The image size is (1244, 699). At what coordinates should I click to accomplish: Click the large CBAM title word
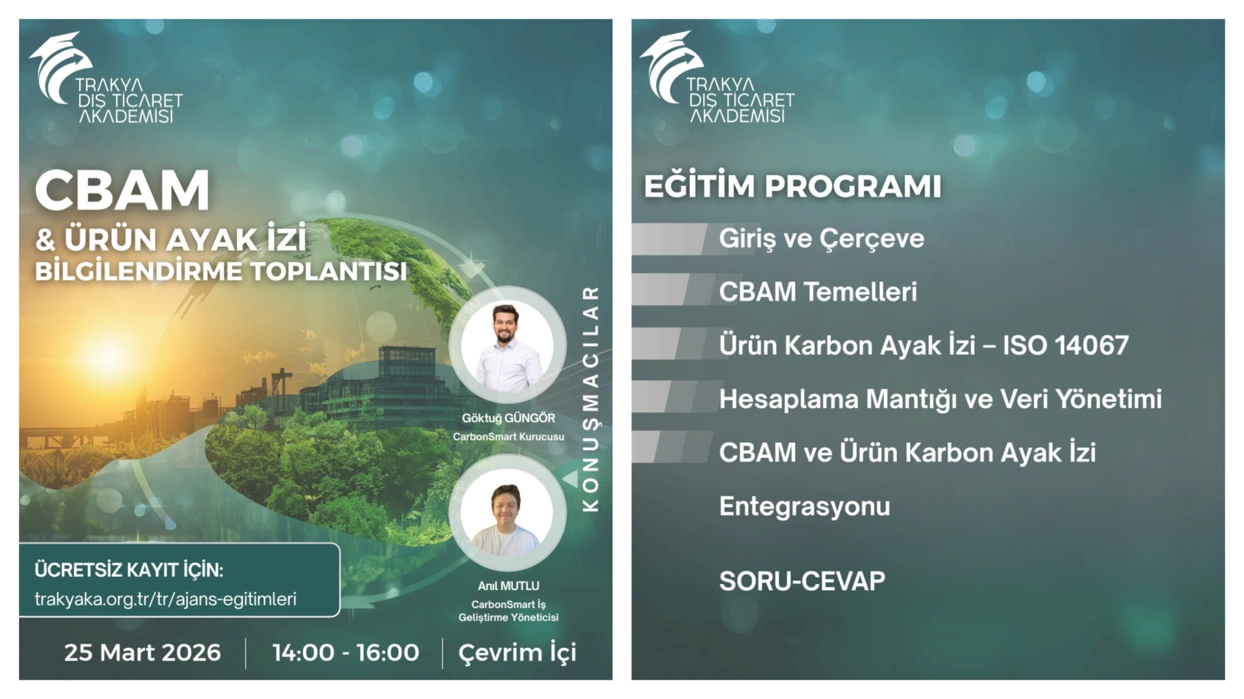(x=123, y=190)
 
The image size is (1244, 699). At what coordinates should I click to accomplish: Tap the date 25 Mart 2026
(x=142, y=652)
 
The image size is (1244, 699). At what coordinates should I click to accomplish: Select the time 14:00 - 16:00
(x=346, y=652)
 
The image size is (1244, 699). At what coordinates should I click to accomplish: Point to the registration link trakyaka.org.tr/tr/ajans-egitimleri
(x=165, y=599)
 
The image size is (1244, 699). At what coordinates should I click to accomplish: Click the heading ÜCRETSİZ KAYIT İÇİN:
(x=129, y=570)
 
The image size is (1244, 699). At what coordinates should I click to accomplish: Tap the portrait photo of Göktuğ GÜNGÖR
(x=508, y=345)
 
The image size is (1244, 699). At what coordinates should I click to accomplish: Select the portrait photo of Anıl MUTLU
(x=508, y=513)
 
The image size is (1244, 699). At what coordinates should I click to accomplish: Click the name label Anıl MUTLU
(x=508, y=586)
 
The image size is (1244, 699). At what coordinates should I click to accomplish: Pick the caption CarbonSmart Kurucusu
(x=508, y=437)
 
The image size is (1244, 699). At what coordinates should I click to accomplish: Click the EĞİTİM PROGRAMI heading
(x=792, y=187)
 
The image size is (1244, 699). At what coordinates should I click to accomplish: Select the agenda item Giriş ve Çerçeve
(x=822, y=239)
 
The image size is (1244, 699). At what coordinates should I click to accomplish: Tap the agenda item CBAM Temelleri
(x=818, y=292)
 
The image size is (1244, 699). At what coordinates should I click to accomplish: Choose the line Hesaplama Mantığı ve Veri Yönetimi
(x=940, y=399)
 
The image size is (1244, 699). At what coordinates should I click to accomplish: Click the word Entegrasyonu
(x=805, y=507)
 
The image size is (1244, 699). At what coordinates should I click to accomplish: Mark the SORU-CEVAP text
(x=802, y=581)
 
